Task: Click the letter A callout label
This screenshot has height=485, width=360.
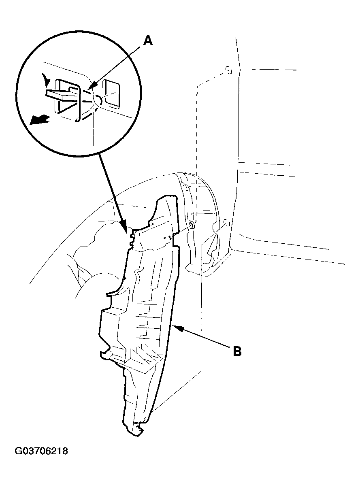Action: [149, 40]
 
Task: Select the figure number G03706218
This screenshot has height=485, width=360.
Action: [41, 451]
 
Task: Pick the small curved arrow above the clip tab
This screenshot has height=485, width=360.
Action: [47, 81]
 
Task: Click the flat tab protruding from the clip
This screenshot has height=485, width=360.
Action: [60, 93]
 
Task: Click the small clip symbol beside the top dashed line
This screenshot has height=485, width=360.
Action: [228, 70]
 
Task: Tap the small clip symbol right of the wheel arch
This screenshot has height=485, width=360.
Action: [226, 222]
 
